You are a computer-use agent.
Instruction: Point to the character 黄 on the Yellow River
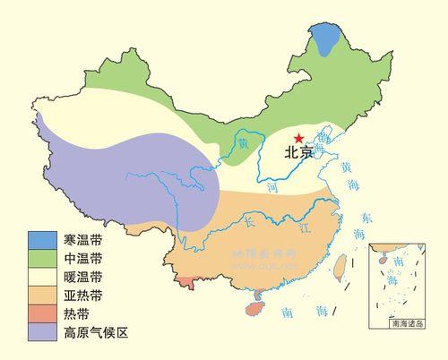coord(241,141)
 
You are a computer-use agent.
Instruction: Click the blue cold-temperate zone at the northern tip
coord(328,40)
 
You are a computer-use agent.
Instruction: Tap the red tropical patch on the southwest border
coord(185,282)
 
